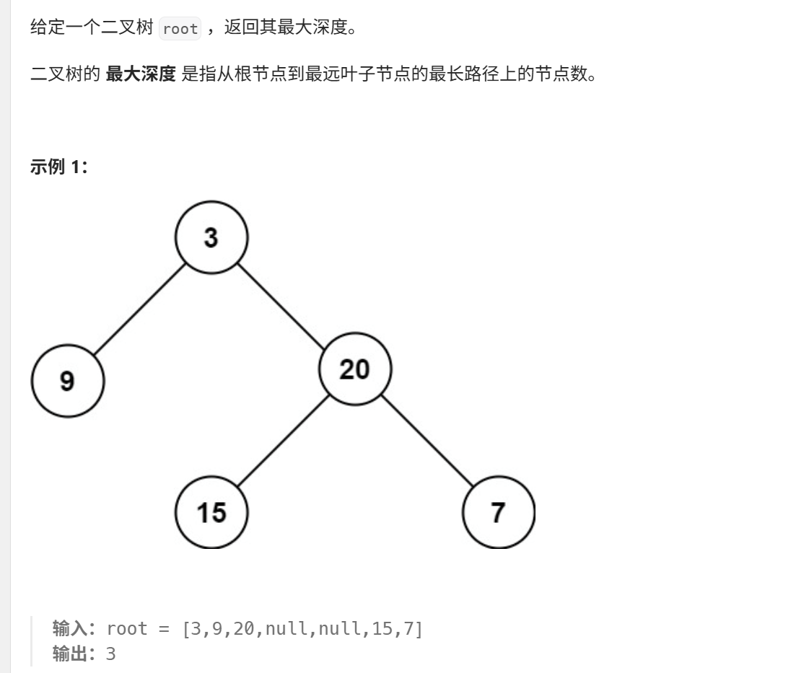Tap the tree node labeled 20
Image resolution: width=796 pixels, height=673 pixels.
click(355, 369)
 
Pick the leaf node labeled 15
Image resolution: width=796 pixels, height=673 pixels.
click(211, 512)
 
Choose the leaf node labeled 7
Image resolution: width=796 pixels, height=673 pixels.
click(499, 512)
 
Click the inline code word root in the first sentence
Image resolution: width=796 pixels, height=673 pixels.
click(180, 29)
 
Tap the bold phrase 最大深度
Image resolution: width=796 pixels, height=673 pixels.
click(141, 74)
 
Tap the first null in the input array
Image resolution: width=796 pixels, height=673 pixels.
click(284, 628)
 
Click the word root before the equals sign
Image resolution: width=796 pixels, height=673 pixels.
click(127, 628)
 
